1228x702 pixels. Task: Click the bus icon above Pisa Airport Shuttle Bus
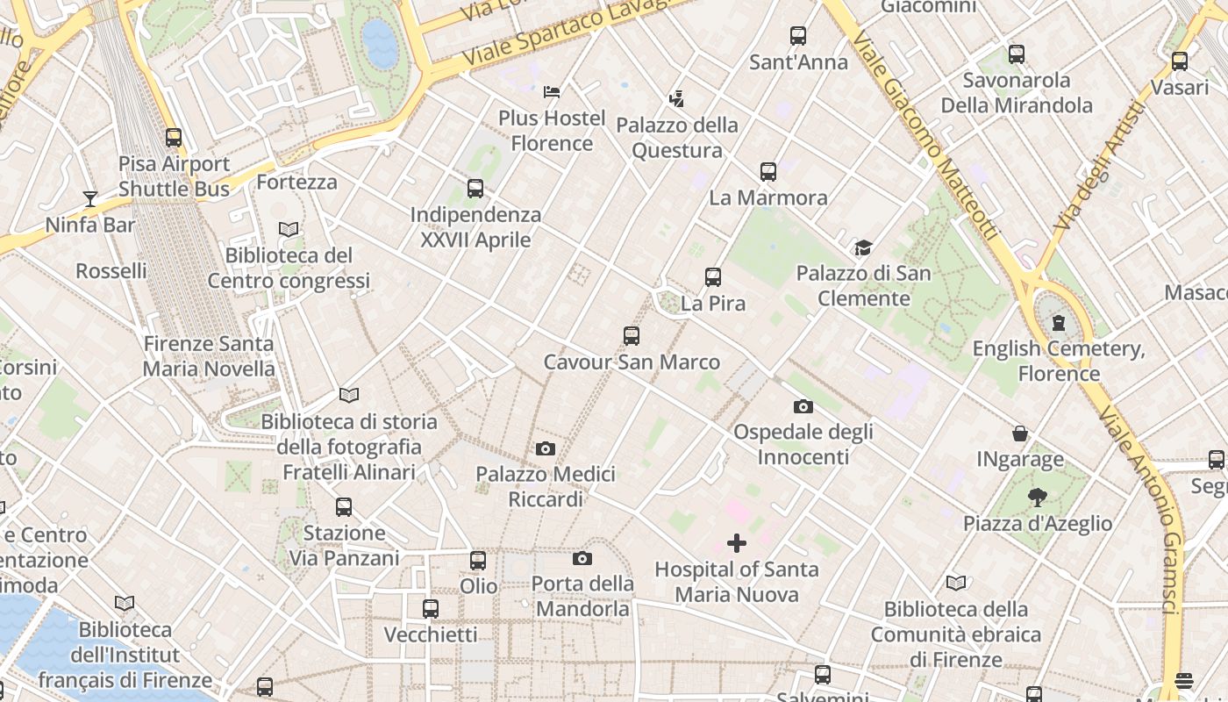pos(174,137)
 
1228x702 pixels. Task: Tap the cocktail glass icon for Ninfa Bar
pos(89,198)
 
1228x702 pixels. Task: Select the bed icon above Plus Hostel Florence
pos(552,91)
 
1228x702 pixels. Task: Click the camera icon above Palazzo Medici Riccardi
pos(546,449)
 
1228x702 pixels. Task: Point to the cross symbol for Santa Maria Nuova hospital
pos(737,543)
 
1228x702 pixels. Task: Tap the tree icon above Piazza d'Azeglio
pos(1038,498)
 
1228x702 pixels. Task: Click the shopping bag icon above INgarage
pos(1020,433)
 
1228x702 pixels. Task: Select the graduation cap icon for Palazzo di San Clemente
pos(864,247)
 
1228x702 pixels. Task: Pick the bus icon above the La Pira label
pos(713,277)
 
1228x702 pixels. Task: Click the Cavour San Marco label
pos(632,362)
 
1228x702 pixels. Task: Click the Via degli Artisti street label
pos(1101,166)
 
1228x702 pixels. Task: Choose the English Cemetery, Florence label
pos(1059,362)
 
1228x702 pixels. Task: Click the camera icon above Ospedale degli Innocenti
pos(803,406)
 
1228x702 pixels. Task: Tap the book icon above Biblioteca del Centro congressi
pos(289,229)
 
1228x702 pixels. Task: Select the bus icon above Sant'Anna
pos(798,36)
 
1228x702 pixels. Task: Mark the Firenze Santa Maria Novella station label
pos(209,356)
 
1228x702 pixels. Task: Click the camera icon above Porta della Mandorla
pos(582,558)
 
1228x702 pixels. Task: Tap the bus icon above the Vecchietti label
pos(431,608)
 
